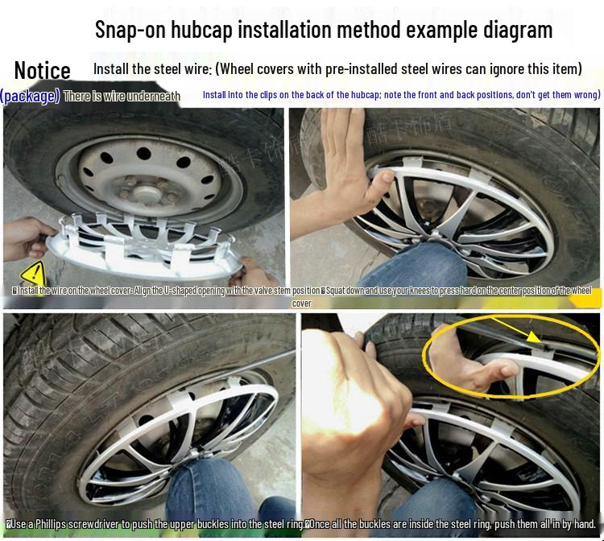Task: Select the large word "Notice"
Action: pos(42,71)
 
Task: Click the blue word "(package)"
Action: pos(30,96)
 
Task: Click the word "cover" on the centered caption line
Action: pos(301,304)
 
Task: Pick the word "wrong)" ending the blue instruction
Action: pos(585,95)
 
